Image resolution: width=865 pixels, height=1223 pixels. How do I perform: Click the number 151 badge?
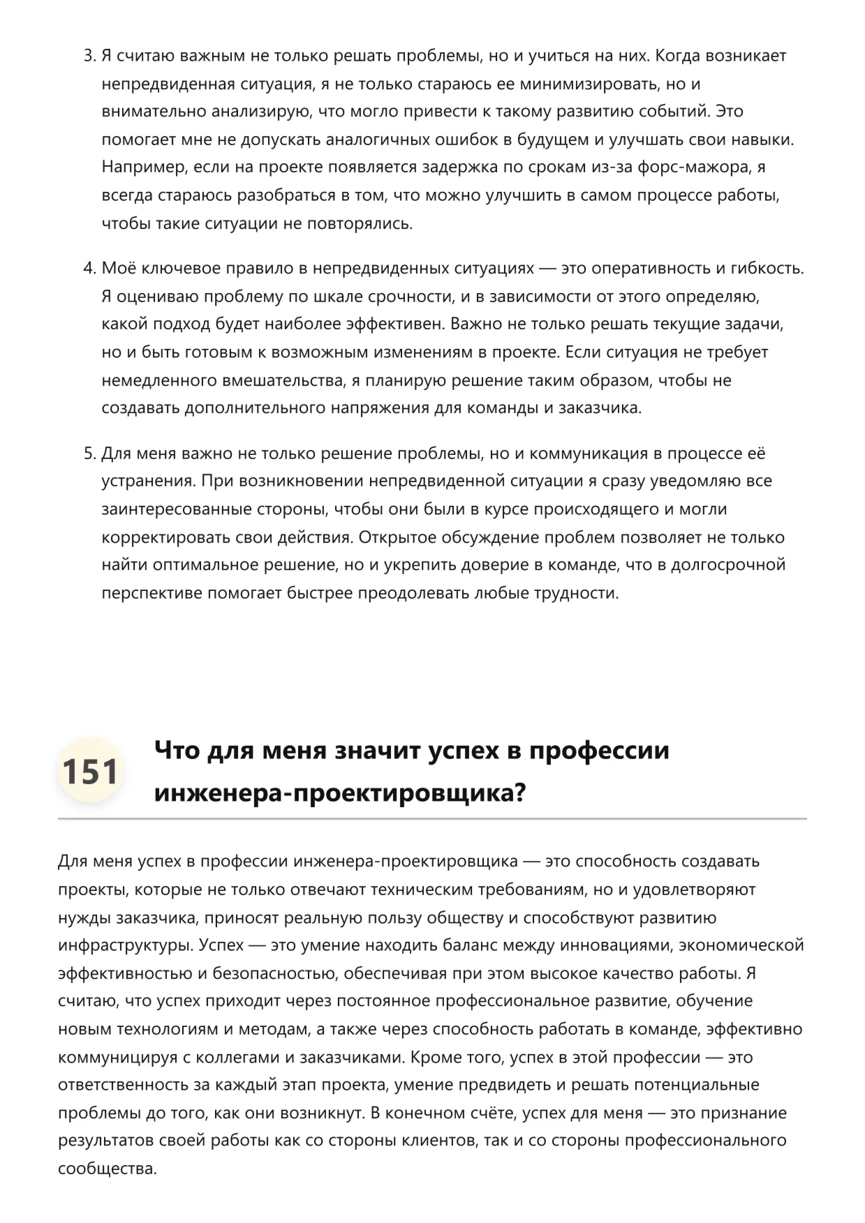[x=90, y=771]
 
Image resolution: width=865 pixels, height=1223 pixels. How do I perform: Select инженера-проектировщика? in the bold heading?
[x=339, y=793]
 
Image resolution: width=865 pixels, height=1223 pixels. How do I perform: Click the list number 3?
[x=89, y=56]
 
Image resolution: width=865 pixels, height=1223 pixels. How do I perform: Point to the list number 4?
[x=89, y=269]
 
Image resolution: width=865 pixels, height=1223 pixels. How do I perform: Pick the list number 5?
[x=89, y=453]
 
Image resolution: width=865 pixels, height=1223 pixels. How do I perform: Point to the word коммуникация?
[x=589, y=453]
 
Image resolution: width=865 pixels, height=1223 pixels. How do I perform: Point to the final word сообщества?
[x=106, y=1169]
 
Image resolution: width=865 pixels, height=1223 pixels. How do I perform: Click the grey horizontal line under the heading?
[x=432, y=818]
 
